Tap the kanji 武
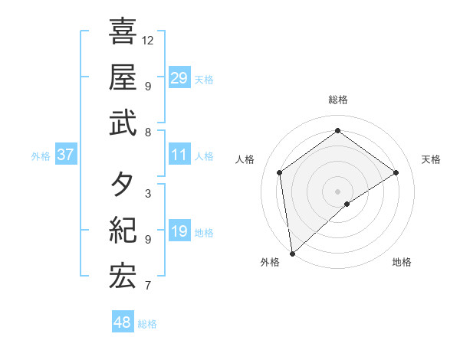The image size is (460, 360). point(123,123)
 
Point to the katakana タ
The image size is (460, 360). point(123,185)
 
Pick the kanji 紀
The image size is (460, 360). point(123,231)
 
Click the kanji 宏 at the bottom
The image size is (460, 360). point(123,277)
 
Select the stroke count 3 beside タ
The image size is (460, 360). point(147,194)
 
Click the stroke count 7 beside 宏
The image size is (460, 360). point(147,286)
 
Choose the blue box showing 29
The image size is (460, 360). point(179,77)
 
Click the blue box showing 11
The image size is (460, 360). point(179,155)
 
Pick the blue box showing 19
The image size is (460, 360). point(179,231)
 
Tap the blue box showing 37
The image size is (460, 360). point(66,155)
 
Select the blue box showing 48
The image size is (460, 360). point(123,322)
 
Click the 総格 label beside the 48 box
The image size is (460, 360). point(147,324)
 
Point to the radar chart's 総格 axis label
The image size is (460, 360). point(338,100)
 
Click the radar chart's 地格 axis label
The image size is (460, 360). point(402,262)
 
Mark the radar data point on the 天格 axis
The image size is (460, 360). point(396,172)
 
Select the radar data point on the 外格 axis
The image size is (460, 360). point(292,253)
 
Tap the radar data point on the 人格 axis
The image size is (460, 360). point(280,172)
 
